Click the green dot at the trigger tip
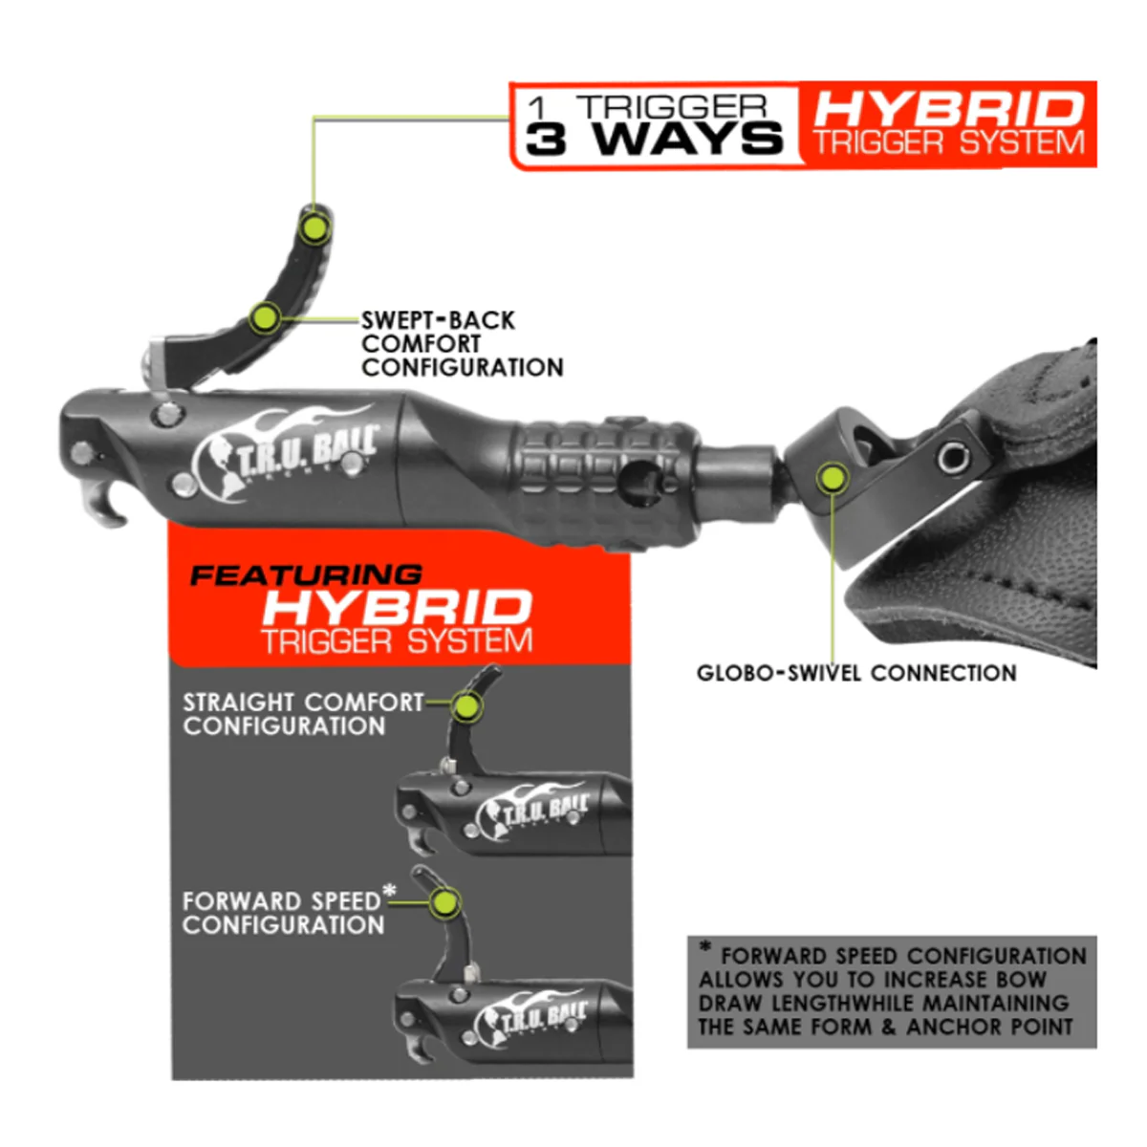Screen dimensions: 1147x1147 [314, 227]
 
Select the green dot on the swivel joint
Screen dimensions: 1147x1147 [833, 478]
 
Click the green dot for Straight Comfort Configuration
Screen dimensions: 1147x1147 [466, 706]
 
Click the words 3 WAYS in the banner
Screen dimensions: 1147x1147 [654, 139]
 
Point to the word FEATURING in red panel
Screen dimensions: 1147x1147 [306, 575]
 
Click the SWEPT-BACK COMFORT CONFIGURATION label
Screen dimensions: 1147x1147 [462, 343]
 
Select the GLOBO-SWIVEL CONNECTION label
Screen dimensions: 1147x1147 [856, 673]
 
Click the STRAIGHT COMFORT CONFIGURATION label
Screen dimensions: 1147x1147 [303, 714]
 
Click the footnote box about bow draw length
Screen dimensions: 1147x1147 [892, 992]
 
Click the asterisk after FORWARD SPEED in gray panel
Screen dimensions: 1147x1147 [389, 892]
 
